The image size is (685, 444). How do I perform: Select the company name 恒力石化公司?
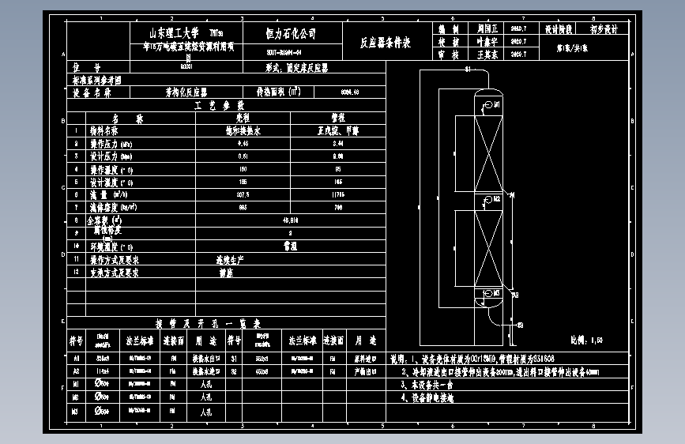click(x=290, y=34)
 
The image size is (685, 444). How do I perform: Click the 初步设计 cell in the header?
click(x=604, y=28)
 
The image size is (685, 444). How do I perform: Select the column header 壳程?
click(x=243, y=118)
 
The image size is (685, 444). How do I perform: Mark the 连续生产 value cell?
click(x=230, y=259)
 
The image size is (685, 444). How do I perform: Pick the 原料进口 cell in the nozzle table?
click(x=365, y=358)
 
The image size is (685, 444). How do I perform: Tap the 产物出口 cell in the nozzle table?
click(x=365, y=371)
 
